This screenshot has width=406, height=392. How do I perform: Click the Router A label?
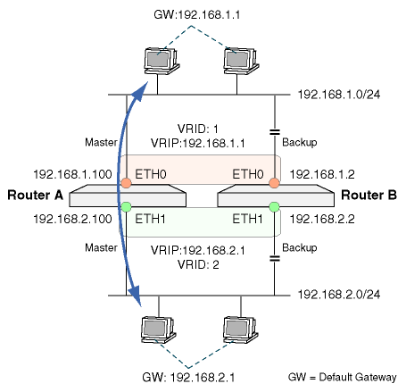coord(36,196)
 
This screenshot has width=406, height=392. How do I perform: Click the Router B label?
coord(369,196)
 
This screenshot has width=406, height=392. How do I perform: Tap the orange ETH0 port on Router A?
coord(126,183)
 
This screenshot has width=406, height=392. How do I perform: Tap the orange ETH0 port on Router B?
coord(274,183)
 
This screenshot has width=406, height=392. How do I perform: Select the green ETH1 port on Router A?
coord(126,206)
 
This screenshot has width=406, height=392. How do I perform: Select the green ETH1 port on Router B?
coord(274,206)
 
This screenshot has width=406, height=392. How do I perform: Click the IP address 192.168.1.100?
coord(72,174)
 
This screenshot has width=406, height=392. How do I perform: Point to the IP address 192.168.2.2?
coord(322,220)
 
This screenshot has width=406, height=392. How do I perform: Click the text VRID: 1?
coord(198,129)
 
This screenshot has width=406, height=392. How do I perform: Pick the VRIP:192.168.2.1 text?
coord(198,250)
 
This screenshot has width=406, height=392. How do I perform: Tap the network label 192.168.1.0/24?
coord(339,95)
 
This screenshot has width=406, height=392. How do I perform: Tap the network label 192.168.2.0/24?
coord(339,295)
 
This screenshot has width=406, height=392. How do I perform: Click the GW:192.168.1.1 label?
coord(197,14)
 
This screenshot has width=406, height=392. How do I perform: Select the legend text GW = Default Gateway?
coord(343,378)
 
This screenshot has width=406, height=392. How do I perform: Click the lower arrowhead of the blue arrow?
coord(137,296)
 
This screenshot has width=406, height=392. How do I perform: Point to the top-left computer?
coord(162,61)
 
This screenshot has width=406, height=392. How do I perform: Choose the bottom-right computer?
coord(241,330)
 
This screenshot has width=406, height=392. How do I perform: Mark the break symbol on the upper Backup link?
coord(275,132)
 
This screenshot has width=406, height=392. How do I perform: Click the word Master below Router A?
coord(101,247)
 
